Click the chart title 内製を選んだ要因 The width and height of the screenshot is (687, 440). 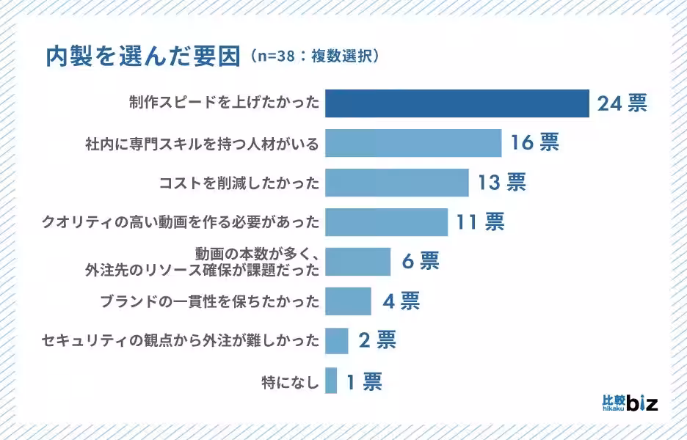[x=143, y=56]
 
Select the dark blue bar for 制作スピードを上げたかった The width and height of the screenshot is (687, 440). [x=457, y=103]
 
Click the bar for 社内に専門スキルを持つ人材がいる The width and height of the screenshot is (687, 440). [x=412, y=143]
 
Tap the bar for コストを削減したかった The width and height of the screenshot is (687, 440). [x=396, y=183]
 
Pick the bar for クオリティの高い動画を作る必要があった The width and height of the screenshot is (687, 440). [x=386, y=222]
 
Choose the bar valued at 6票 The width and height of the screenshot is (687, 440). [x=357, y=262]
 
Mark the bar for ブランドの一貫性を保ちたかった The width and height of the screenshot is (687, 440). [x=348, y=301]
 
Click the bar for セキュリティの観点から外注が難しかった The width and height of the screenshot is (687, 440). [x=336, y=340]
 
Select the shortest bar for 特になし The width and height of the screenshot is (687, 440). [x=331, y=381]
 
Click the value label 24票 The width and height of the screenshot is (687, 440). [x=622, y=103]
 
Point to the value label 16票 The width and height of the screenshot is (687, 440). [x=534, y=143]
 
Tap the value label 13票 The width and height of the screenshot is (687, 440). [x=501, y=183]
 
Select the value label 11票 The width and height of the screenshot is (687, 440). [x=480, y=222]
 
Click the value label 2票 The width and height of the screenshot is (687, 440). [x=377, y=340]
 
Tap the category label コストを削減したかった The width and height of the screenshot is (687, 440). [x=239, y=183]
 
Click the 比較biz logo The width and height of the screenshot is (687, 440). [x=629, y=401]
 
